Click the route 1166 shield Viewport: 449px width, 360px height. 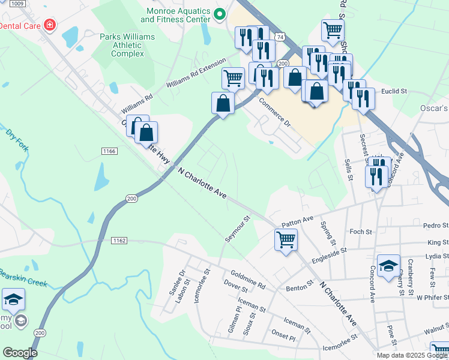[x=109, y=151]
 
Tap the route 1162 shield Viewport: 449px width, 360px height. [x=119, y=240]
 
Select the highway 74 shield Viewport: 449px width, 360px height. [x=280, y=37]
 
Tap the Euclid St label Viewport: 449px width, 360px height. [x=394, y=91]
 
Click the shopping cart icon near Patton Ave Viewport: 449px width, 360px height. [x=286, y=240]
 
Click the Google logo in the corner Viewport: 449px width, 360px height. [x=20, y=352]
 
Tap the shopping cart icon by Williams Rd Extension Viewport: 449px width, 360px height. [x=233, y=77]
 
